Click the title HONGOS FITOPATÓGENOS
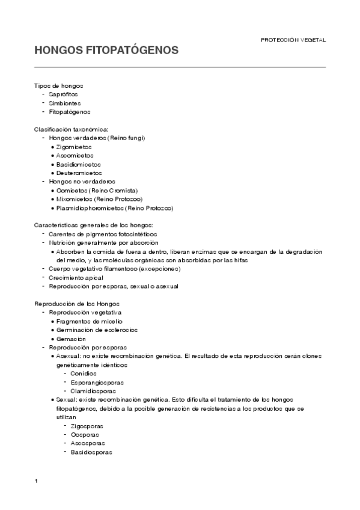(106, 51)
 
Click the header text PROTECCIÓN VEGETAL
(293, 40)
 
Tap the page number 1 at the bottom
(37, 482)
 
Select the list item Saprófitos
(63, 94)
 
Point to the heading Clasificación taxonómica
(71, 129)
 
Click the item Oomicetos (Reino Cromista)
(97, 190)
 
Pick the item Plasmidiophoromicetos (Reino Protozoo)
(114, 207)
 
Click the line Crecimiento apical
(76, 278)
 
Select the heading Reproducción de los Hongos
(77, 304)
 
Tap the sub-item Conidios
(84, 373)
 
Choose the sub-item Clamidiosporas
(93, 391)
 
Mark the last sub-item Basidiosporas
(91, 452)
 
